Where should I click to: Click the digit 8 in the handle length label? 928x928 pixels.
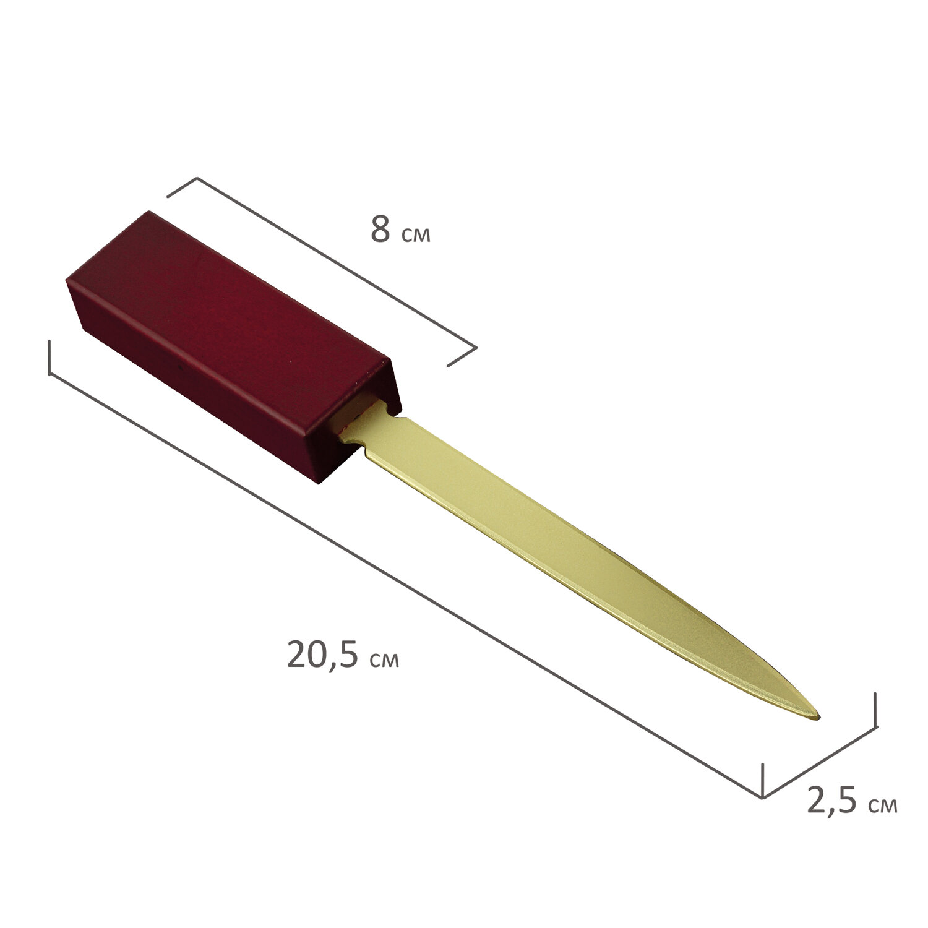(380, 230)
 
